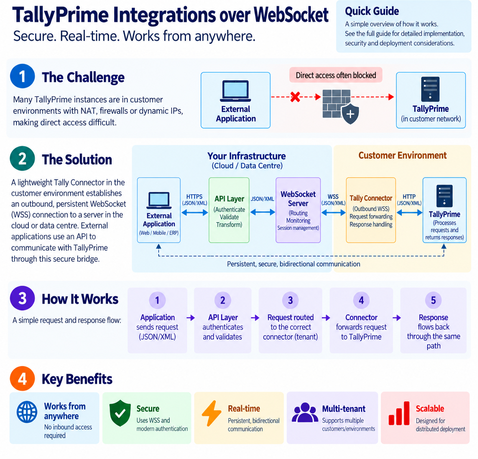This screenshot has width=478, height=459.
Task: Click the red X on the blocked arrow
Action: (295, 97)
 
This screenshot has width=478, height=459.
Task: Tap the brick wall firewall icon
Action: (336, 104)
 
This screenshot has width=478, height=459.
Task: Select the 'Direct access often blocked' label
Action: (336, 75)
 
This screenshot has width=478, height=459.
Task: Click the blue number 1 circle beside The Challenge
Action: (22, 76)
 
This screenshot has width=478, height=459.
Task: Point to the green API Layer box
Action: (229, 210)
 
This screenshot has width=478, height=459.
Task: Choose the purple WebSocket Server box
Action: (298, 210)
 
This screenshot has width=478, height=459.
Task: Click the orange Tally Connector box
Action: (371, 210)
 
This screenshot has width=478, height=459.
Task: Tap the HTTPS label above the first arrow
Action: (194, 196)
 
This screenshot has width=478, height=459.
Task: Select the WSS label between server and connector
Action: (333, 196)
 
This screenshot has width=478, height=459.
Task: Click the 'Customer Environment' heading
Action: (402, 155)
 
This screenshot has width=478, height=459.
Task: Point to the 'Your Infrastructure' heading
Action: (246, 156)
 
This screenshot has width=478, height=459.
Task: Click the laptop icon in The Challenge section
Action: (235, 91)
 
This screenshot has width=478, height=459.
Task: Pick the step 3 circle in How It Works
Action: (290, 300)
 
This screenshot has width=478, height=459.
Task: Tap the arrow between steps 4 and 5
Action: (397, 318)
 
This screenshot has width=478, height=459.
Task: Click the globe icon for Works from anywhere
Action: (27, 412)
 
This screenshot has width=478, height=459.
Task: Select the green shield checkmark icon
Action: (120, 413)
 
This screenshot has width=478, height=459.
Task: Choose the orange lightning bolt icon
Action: (211, 413)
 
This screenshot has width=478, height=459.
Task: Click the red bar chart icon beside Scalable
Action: (399, 413)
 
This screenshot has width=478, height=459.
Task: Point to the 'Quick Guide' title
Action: (372, 11)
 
